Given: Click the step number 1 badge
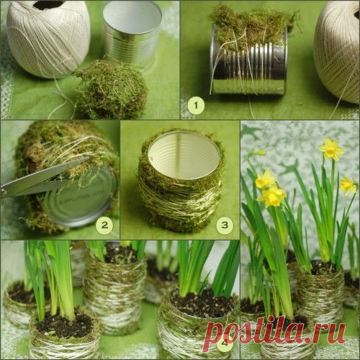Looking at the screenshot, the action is pos(196,105).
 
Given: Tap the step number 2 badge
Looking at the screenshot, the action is pos(104,225).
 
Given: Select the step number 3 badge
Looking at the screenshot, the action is pos(225,225).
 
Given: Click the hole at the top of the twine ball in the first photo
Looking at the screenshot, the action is pos(49,4).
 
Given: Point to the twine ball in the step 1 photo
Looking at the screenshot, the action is pos(338,52).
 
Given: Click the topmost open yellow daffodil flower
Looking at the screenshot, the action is pos(332,149).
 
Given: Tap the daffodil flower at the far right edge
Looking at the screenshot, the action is pos(348,186).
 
